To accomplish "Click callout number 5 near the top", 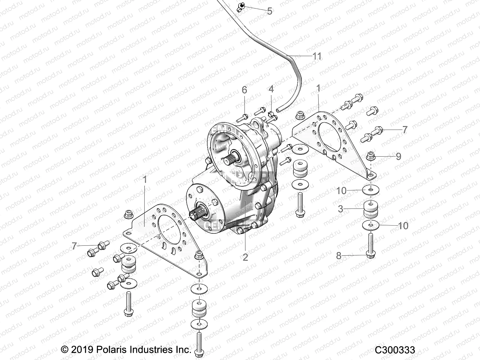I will pos(269,11).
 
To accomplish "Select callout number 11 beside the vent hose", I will pos(317,56).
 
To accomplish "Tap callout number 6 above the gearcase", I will pos(244,90).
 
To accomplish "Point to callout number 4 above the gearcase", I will pos(271,89).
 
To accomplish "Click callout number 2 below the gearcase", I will pos(245,257).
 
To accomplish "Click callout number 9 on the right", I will pos(398,156).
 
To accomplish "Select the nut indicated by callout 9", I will pos(371,156).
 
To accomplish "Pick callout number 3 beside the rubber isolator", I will pos(340,209).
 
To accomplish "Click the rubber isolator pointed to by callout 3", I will pos(371,209).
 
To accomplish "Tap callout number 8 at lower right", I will pos(339,256).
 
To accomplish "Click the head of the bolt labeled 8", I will pos(371,255).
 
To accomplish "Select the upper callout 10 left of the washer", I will pos(341,190).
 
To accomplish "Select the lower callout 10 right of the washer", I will pos(403,226).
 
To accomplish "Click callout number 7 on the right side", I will pos(405,130).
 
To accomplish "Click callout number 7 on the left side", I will pos(74,246).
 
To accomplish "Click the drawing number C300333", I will pos(395,350).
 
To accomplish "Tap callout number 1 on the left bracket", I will pos(145,180).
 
